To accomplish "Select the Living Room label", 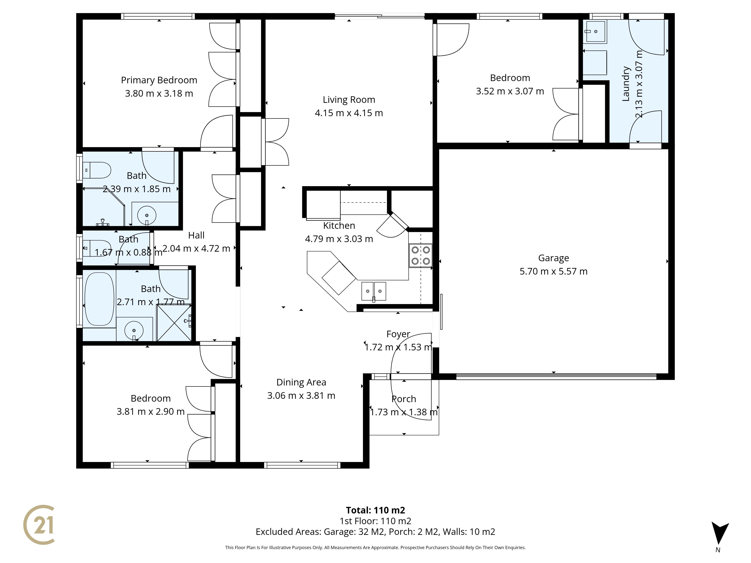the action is (349, 100).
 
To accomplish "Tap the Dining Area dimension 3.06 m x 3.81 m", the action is (301, 396).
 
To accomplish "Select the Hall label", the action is (196, 235).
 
